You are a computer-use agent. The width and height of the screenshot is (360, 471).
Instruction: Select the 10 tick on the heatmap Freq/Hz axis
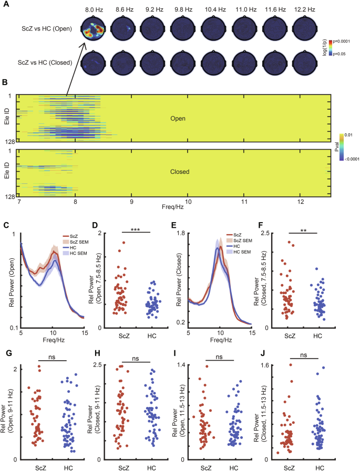[x=188, y=202]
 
